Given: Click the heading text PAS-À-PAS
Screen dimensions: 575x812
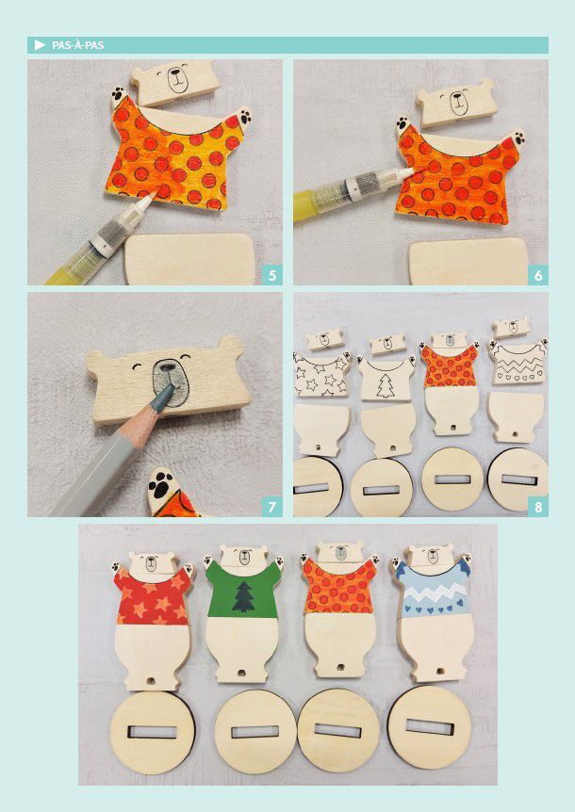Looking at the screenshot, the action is pyautogui.click(x=77, y=45).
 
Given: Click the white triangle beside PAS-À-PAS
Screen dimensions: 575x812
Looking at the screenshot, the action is pyautogui.click(x=40, y=45).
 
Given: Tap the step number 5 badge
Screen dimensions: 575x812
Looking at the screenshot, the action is pyautogui.click(x=272, y=275).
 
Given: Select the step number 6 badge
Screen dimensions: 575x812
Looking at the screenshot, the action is pyautogui.click(x=538, y=275).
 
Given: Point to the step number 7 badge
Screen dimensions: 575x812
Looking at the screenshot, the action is pyautogui.click(x=272, y=507).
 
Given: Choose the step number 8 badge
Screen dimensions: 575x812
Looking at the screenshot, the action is pyautogui.click(x=538, y=507).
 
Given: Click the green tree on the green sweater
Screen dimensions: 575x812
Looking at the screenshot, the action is pyautogui.click(x=243, y=597).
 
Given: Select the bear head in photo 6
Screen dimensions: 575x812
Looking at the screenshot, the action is pyautogui.click(x=455, y=104).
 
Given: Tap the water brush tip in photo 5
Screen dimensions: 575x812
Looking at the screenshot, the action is pyautogui.click(x=150, y=200).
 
